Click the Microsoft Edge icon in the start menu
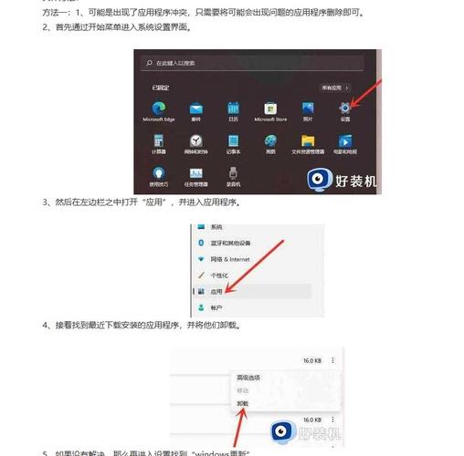158,108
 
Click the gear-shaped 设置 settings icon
345,108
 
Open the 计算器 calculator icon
158,141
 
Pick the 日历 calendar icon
233,108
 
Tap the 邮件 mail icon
195,108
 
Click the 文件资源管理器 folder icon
308,141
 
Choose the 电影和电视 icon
345,141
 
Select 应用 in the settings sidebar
216,291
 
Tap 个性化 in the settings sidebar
219,275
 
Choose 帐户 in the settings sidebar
216,308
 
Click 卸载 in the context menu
243,402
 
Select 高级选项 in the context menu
248,377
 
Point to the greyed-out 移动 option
243,389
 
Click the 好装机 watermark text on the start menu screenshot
357,181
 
